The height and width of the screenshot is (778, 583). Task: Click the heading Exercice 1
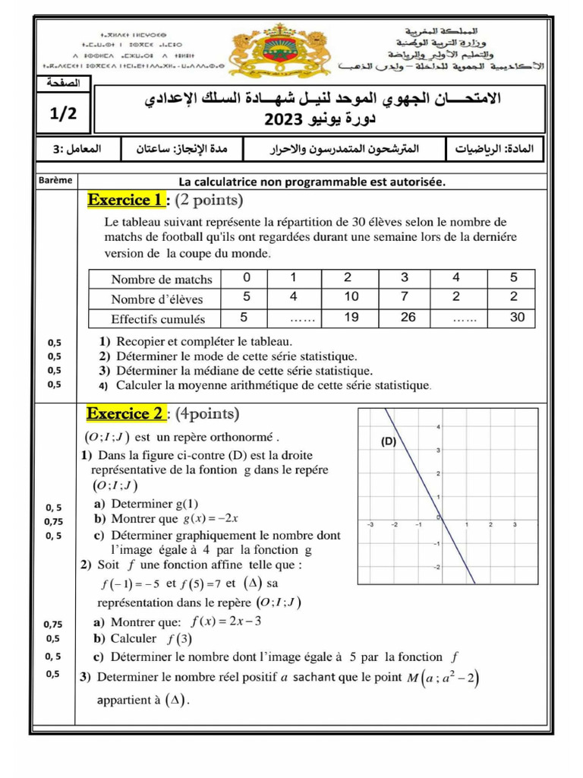(126, 201)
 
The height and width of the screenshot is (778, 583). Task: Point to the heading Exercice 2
(126, 414)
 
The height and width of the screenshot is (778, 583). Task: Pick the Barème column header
(54, 181)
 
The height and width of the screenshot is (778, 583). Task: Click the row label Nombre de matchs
(162, 279)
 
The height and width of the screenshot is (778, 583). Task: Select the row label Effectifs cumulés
(158, 319)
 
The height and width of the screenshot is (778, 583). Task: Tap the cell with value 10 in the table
(351, 297)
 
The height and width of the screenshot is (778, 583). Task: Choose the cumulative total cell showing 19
(351, 318)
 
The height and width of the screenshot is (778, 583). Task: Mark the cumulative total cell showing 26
(408, 318)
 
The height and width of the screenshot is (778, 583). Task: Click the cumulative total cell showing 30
(517, 318)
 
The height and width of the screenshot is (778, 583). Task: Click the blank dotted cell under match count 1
(295, 319)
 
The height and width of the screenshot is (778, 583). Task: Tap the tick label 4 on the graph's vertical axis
(437, 427)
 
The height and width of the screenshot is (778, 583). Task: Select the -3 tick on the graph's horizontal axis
(370, 524)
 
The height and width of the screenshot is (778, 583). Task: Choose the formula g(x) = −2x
(211, 519)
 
